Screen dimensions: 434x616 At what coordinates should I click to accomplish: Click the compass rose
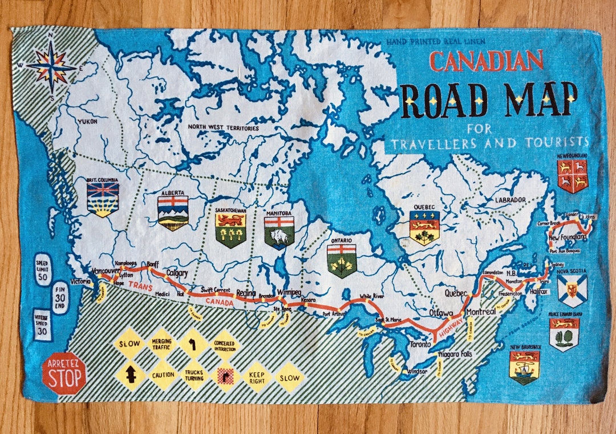[51, 67]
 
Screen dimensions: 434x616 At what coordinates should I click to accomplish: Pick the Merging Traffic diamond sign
[161, 344]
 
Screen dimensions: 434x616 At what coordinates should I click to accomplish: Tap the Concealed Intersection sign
[225, 344]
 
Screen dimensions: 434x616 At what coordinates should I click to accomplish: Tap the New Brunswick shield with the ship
[524, 367]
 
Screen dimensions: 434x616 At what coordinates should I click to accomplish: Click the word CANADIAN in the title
[486, 61]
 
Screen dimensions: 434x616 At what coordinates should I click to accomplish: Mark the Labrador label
[510, 200]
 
